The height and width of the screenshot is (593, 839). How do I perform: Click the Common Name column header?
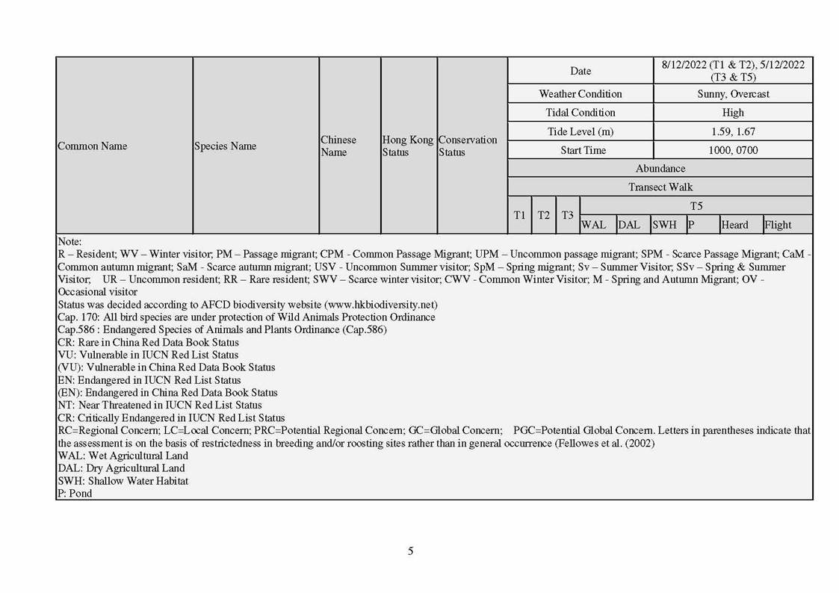(93, 146)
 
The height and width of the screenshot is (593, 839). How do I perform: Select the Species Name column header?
(225, 146)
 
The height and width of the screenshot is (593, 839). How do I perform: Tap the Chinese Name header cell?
(338, 146)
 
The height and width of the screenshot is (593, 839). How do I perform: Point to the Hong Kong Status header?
(407, 146)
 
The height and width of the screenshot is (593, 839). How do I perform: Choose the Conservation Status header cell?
(467, 146)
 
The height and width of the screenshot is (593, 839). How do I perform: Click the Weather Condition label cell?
(581, 94)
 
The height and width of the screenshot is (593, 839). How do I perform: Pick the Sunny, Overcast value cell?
(733, 94)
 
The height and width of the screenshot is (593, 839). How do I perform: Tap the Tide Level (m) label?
(581, 131)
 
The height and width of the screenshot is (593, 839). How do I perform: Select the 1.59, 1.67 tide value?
(733, 131)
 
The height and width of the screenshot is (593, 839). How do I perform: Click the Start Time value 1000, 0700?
(733, 150)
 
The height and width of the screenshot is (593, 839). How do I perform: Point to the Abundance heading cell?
(660, 169)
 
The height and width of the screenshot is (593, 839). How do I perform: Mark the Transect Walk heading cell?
(660, 187)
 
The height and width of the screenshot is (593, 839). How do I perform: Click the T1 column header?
(519, 215)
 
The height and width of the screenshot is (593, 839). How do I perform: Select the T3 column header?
(568, 215)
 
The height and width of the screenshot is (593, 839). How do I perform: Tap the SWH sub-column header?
(664, 225)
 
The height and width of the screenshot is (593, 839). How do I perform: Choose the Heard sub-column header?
(734, 225)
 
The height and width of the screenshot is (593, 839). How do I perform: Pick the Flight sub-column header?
(778, 225)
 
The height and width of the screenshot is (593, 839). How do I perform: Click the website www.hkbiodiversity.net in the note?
(379, 305)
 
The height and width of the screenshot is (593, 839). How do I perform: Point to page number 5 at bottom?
(410, 552)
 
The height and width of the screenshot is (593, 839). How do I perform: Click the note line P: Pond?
(75, 494)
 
